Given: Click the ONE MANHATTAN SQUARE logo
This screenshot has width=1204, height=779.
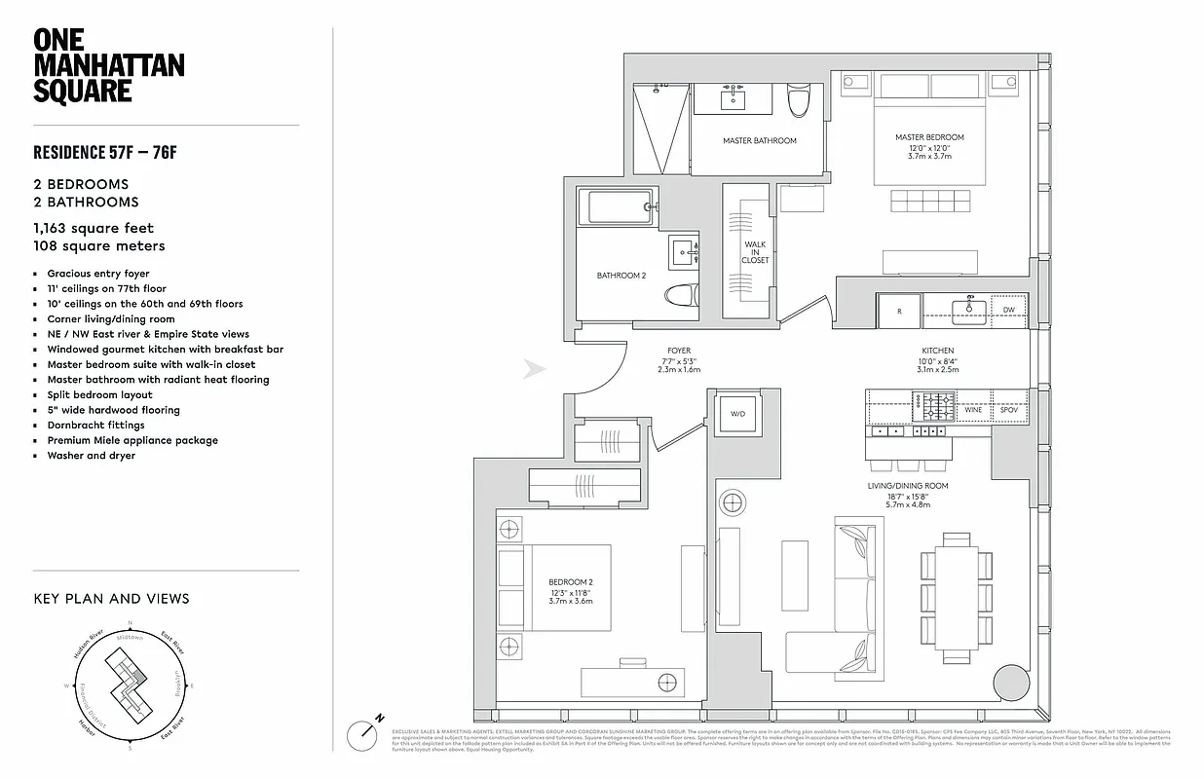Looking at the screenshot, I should pos(108,65).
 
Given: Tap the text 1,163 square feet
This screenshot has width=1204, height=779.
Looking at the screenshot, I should pos(94,228).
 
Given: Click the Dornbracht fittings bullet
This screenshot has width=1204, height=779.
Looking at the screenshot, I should pos(95,425).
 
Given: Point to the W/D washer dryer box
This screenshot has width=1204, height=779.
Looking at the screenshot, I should pos(737,414).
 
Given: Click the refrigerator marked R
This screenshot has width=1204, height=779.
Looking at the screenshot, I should pos(899,310).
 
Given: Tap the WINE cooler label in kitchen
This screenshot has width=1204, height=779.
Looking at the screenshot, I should pos(972,410).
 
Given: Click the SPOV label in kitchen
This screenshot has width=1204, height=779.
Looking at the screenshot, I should pos(1008,410).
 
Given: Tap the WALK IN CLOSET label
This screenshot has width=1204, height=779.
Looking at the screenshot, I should pos(755,252).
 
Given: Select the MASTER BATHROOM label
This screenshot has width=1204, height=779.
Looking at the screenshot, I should pos(759,141).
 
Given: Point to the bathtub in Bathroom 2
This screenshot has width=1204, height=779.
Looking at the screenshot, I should pos(616,207).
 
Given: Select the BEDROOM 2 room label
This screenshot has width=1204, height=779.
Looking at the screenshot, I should pos(570,581).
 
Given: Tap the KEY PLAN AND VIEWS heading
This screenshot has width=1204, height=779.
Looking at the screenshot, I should pos(111,599).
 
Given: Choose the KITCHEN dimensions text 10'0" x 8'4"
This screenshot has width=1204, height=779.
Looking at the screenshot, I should pos(937,360).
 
